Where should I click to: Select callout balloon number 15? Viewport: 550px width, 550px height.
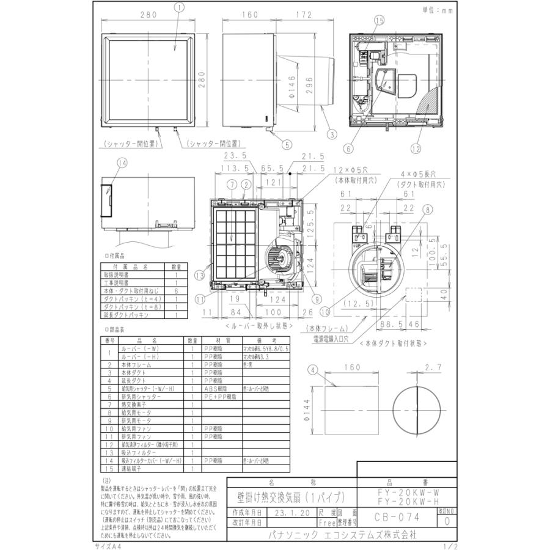coord(379,21)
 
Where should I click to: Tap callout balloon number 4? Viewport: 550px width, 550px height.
coord(313,369)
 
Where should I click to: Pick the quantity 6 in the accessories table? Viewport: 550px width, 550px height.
coord(176,291)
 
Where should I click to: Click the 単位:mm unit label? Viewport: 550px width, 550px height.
coord(439,10)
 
